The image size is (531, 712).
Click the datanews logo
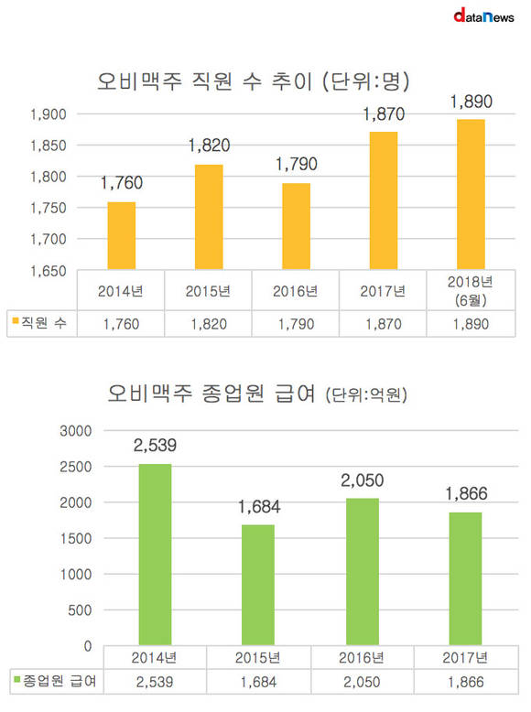coord(483,16)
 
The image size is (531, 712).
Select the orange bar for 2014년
coord(121,236)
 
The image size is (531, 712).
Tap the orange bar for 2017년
coord(384,200)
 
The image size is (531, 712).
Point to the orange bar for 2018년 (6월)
coord(471,194)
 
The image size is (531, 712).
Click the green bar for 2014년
coord(155,555)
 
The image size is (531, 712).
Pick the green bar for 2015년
coord(258,585)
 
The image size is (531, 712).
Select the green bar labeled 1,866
coord(466,578)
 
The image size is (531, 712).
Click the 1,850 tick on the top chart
coord(49,146)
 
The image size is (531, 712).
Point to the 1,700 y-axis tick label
coord(49,239)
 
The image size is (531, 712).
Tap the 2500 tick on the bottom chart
coord(76,467)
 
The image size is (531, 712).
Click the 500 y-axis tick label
coord(80,610)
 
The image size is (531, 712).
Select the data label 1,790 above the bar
coord(297,165)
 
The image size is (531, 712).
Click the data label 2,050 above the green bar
coord(363,480)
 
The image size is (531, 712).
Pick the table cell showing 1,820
coord(209,324)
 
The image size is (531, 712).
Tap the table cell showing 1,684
coord(258,682)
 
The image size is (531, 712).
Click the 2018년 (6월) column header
coord(471,291)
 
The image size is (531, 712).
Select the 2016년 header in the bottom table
coord(362,657)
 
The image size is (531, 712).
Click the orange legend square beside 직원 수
coord(16,321)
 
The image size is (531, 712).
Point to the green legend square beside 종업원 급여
coord(17,679)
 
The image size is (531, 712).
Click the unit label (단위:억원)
coord(366,394)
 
